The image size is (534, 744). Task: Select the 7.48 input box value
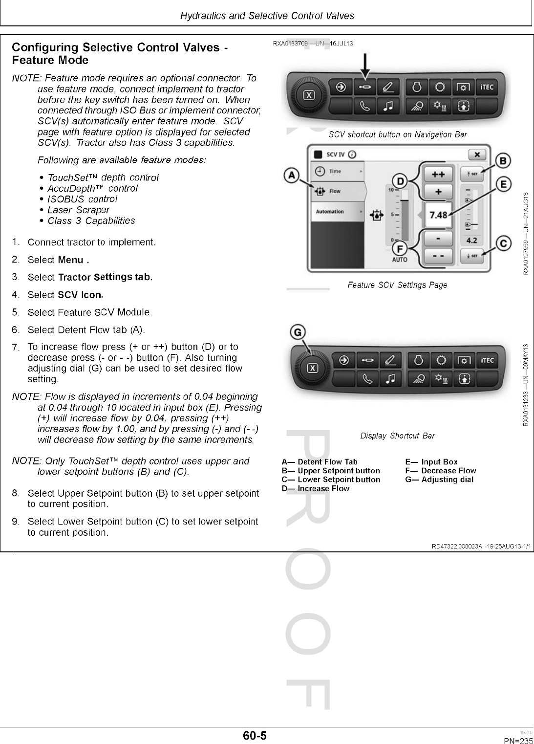coord(438,215)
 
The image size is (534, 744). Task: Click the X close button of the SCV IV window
coord(477,154)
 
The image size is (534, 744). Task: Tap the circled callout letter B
coord(503,160)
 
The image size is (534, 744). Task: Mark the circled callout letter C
coord(503,243)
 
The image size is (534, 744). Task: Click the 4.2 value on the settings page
coord(471,241)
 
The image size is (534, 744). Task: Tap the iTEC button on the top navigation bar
coord(487,88)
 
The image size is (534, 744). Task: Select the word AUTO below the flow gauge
coord(399,260)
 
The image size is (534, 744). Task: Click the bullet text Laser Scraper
coord(78,210)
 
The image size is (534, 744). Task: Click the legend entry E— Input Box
coord(431,462)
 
